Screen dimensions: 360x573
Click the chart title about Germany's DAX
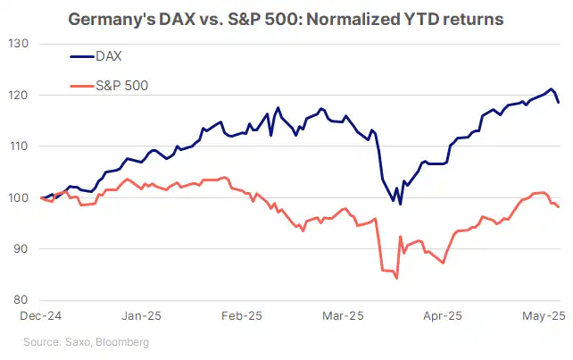[x=286, y=18]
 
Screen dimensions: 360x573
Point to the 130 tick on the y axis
[x=20, y=44]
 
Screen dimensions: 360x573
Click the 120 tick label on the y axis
[x=20, y=96]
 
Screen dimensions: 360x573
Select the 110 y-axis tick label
[x=20, y=147]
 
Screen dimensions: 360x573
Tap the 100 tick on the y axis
[x=20, y=197]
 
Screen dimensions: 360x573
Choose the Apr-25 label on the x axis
[x=442, y=316]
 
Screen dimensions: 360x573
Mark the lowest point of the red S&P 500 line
[x=396, y=279]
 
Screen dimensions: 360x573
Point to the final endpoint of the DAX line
[x=559, y=103]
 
